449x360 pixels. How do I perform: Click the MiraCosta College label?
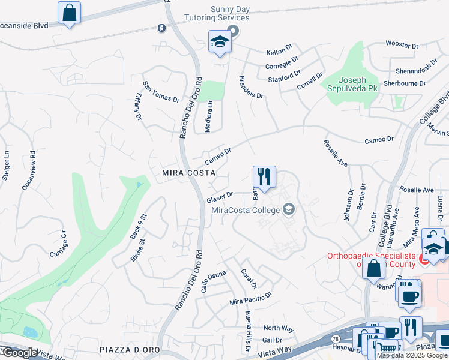246,210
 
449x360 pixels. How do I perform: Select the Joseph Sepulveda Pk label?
352,84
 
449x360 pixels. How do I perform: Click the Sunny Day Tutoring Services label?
230,14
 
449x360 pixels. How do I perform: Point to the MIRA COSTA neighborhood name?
188,172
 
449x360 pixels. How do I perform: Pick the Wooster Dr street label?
402,45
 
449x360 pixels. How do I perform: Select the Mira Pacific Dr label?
250,298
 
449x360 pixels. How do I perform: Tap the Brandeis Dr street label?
251,88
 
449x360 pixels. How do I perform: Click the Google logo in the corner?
19,353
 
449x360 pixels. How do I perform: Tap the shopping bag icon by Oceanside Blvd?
70,13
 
